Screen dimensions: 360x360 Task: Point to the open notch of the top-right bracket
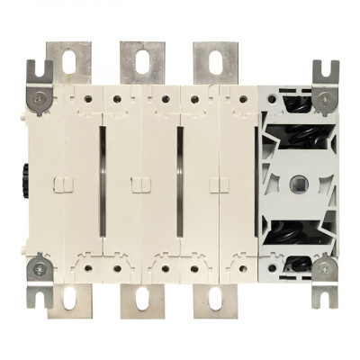coord(326,65)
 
